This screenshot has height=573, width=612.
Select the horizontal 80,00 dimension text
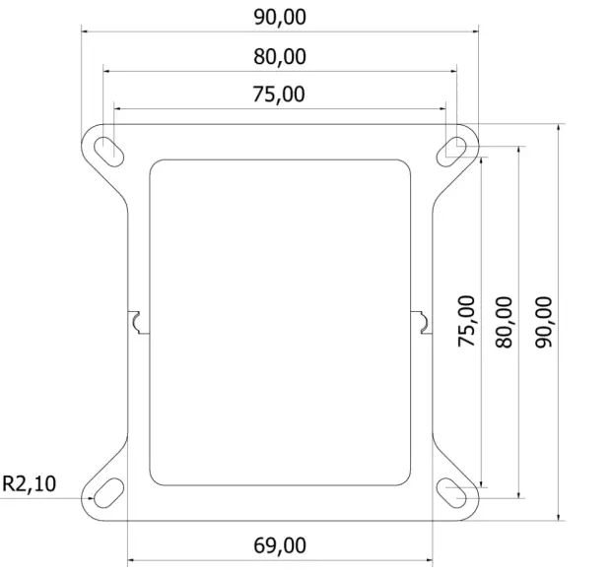tap(279, 56)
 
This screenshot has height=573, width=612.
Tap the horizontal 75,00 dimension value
tap(279, 95)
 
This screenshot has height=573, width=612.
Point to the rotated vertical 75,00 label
tap(466, 321)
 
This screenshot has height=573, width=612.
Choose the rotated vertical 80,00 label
tap(504, 321)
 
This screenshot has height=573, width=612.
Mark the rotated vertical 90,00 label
tap(543, 321)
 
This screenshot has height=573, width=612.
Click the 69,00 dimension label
tap(279, 545)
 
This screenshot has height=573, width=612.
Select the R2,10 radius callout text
tap(30, 483)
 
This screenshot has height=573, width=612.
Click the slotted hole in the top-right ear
tap(454, 148)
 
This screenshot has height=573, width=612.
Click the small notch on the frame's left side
tap(137, 322)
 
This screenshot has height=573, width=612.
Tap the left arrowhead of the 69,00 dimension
tap(133, 563)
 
